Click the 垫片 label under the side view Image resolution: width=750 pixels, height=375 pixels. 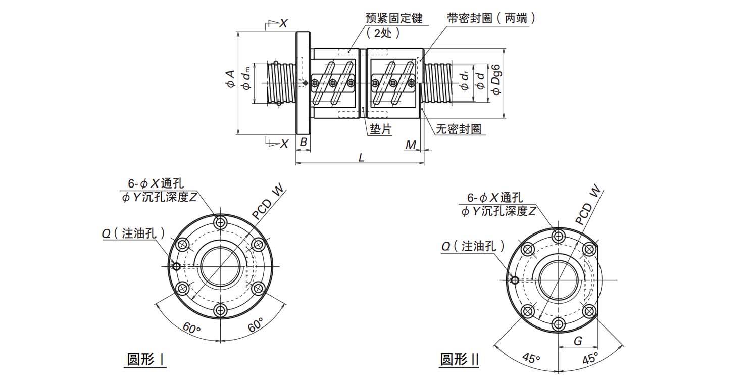tap(380, 129)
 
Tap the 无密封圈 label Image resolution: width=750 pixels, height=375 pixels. tap(458, 129)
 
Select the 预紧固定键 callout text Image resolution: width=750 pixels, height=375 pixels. tap(393, 18)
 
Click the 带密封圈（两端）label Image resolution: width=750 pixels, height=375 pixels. tap(491, 18)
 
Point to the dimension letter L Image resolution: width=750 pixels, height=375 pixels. tap(361, 157)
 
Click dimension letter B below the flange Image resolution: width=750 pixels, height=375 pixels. tap(303, 143)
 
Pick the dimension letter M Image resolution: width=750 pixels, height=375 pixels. tap(411, 146)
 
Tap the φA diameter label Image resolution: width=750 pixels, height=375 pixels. tap(230, 81)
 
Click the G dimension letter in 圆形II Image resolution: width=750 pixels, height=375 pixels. tap(578, 341)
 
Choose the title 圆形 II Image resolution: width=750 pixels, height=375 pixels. tap(459, 360)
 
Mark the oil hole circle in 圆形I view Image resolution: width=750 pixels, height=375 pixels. tap(176, 267)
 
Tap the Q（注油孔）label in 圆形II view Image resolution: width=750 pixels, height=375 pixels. tap(473, 246)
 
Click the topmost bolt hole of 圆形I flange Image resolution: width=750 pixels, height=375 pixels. tap(220, 222)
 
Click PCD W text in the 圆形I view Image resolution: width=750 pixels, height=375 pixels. tap(269, 203)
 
